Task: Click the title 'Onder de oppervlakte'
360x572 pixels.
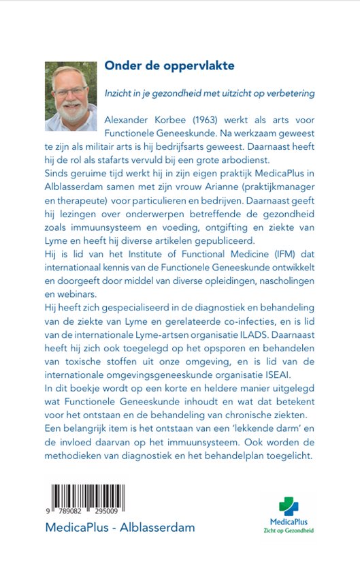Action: tap(169, 66)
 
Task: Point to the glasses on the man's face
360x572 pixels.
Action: tap(70, 91)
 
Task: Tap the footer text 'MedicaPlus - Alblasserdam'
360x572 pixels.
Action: tap(120, 528)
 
